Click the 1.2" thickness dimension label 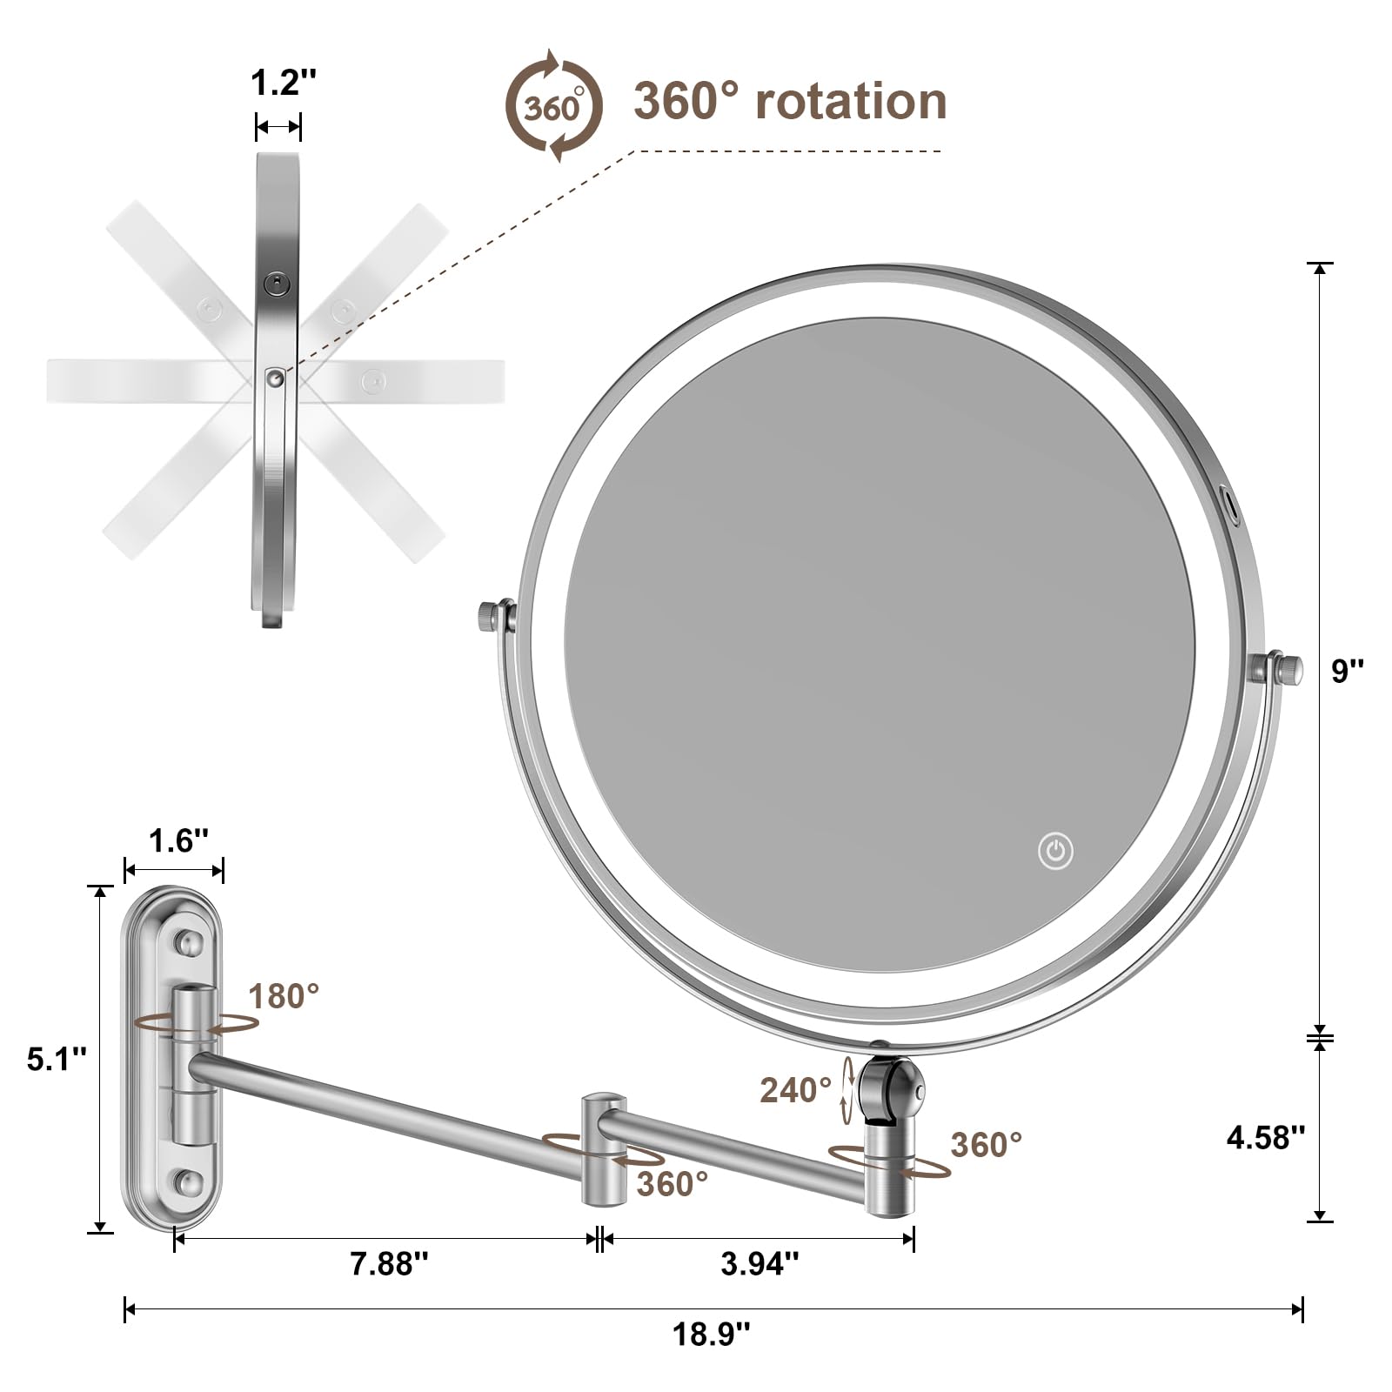coord(283,84)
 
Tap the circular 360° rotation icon coord(554,106)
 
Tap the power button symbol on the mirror coord(1055,851)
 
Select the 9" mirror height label coord(1348,670)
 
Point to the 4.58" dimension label coord(1266,1137)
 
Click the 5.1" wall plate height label coord(57,1059)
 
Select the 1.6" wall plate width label coord(178,841)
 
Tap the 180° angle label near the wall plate coord(284,996)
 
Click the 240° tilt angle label coord(795,1090)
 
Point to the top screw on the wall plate coord(188,940)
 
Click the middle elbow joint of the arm coord(603,1148)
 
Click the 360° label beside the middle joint coord(672,1183)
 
